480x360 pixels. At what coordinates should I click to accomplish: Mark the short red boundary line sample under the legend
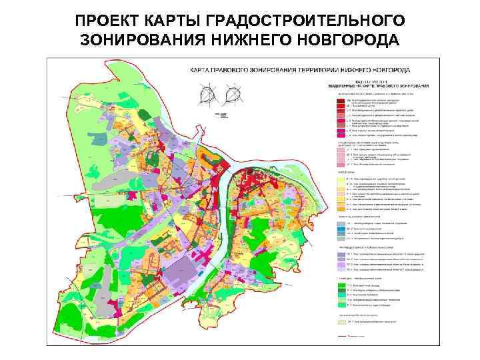[341, 337]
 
